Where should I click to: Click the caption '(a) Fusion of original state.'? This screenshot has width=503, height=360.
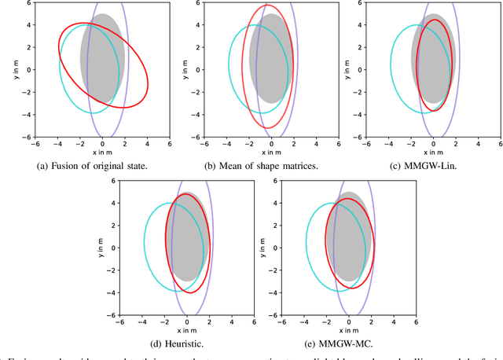click(90, 167)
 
